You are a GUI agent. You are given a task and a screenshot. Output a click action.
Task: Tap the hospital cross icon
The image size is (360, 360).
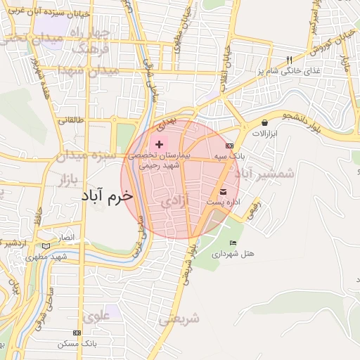(159, 143)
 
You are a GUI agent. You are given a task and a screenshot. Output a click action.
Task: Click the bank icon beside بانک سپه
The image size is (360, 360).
(229, 145)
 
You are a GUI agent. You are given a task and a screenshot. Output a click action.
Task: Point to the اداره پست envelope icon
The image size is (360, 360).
(224, 192)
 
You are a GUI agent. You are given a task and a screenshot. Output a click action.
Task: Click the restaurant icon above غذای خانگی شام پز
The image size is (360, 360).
(288, 60)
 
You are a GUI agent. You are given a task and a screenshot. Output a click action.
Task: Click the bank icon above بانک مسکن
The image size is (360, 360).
(77, 333)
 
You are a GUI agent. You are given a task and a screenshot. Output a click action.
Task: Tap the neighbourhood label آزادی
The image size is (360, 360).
(176, 202)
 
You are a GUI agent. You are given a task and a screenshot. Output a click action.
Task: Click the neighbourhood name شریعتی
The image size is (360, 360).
(179, 319)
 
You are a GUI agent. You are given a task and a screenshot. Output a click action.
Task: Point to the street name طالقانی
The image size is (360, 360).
(70, 120)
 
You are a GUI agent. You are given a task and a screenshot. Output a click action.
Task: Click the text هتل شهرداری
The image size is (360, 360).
(236, 252)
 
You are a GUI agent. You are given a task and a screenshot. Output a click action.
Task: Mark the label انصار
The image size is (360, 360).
(65, 238)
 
